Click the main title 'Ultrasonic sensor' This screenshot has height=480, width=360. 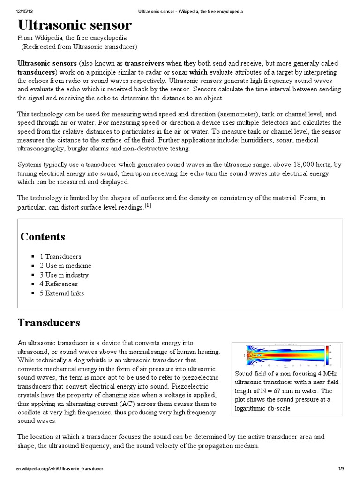pos(75,25)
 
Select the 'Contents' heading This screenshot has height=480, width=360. pos(43,237)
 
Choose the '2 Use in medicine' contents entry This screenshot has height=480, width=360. pos(68,266)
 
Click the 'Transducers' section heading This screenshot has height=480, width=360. pos(49,322)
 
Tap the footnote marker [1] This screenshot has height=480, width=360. pos(148,206)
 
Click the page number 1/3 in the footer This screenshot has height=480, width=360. pos(341,469)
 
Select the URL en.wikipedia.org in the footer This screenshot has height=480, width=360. pos(59,469)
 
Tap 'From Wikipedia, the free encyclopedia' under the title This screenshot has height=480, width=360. pos(72,38)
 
